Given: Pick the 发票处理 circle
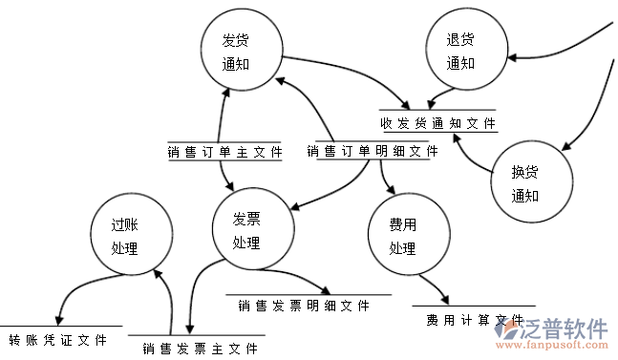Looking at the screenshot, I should (246, 230).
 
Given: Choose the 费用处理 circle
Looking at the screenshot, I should (407, 237).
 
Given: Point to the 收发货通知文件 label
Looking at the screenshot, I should (438, 123).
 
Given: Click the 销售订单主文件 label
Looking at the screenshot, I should (224, 151).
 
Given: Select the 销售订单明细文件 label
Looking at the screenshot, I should (373, 151).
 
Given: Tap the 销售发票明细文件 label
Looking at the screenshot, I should (304, 306).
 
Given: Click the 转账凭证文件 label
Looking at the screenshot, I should (57, 339).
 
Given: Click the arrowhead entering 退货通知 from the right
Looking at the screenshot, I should (512, 58).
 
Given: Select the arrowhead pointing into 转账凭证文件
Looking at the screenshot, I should (59, 320).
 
